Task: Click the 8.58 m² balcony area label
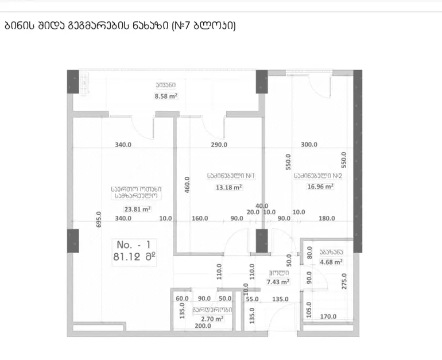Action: tap(166, 96)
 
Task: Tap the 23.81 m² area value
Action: tap(137, 209)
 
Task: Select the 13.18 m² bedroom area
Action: tap(228, 187)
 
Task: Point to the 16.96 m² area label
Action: tap(320, 187)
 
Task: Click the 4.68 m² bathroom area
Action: tap(331, 262)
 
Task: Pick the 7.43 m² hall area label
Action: tap(278, 282)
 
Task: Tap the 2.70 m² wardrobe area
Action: tap(212, 319)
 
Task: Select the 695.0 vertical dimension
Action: tap(99, 219)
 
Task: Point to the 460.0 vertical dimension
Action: tap(187, 185)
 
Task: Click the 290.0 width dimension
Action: tap(219, 145)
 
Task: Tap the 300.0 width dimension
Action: tap(309, 144)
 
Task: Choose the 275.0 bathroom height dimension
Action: tap(344, 281)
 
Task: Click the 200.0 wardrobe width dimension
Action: tap(203, 326)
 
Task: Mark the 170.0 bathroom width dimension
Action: tap(328, 316)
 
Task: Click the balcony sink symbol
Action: tap(84, 83)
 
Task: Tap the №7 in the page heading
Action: tap(184, 26)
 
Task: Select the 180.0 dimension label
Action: tap(327, 218)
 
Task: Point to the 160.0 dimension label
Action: tap(200, 218)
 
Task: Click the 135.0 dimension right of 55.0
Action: tap(280, 299)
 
